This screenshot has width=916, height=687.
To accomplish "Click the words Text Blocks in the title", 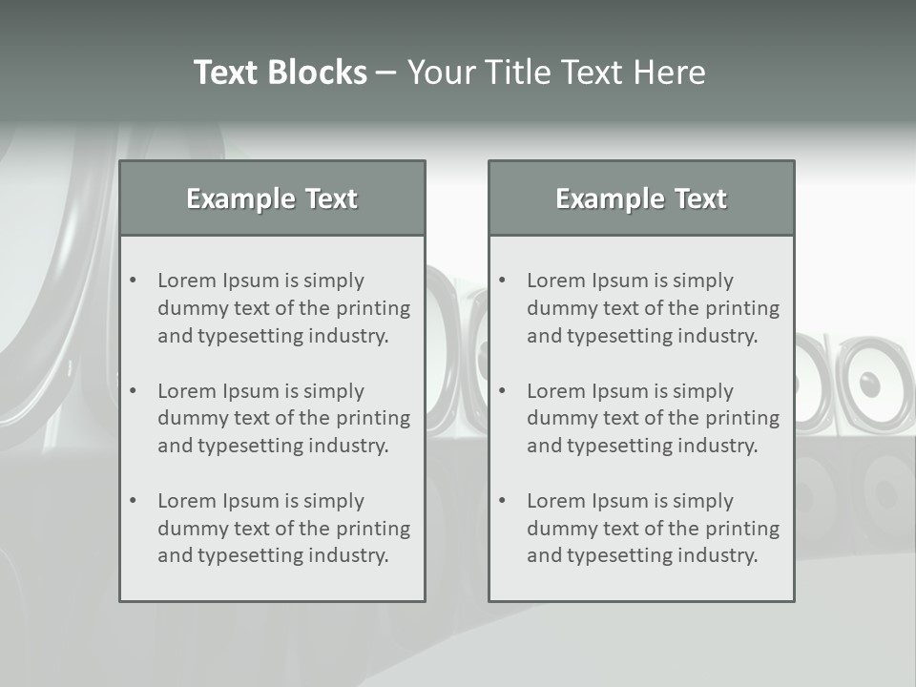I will coord(280,73).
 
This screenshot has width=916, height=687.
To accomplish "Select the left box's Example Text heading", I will coord(272,198).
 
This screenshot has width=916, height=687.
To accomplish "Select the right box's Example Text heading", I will coord(641,198).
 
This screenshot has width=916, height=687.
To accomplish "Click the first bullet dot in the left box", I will coord(134,281).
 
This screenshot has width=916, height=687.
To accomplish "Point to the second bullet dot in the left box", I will coord(134,391).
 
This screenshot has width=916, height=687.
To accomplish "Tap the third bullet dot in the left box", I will coord(134,501).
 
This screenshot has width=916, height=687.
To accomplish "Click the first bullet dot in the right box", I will coord(503,281).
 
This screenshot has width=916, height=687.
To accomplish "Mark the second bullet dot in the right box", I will coord(503,391).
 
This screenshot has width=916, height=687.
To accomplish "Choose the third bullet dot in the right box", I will coord(503,501).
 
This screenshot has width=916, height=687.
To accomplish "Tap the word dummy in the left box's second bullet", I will coord(189,418).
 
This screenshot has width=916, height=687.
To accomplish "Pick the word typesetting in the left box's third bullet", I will coord(253,556).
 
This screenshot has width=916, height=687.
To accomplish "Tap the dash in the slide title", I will coord(386,73).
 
